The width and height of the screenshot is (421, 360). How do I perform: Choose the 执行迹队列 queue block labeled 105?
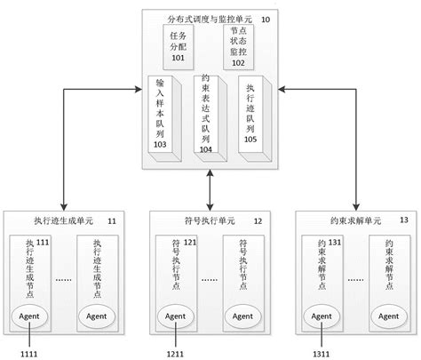pyautogui.click(x=254, y=116)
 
